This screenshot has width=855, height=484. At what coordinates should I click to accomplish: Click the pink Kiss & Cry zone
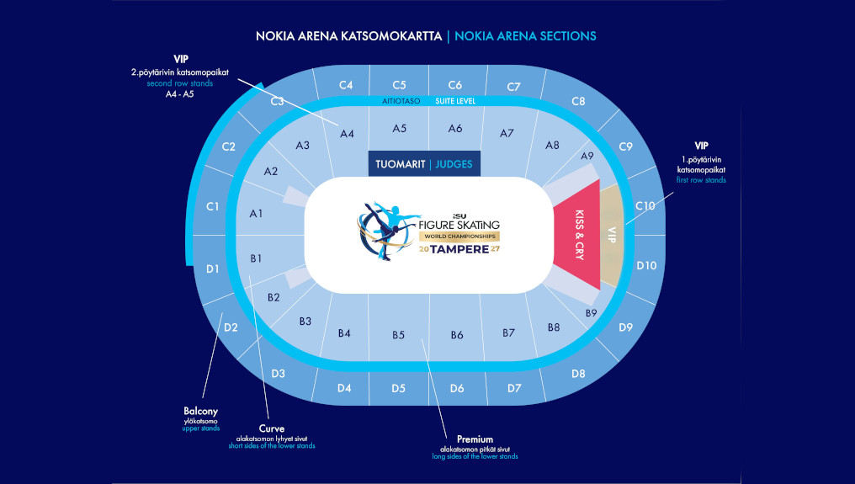tap(578, 235)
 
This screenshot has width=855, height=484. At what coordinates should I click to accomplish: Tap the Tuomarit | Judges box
tap(424, 163)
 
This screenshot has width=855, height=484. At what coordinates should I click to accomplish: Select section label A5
tap(400, 129)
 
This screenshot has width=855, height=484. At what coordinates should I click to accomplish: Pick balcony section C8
tap(578, 102)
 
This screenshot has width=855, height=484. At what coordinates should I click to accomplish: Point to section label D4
tap(344, 389)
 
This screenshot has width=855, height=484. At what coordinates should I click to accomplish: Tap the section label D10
tap(646, 266)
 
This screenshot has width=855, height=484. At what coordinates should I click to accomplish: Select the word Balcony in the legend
tap(200, 412)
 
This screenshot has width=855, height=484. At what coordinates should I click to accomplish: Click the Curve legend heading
tap(272, 429)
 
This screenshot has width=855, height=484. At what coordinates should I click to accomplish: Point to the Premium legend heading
tap(475, 439)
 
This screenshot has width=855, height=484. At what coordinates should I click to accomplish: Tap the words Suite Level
tap(455, 101)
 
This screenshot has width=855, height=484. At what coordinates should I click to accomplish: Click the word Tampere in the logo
tap(459, 249)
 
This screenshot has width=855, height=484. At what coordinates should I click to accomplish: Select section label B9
tap(591, 313)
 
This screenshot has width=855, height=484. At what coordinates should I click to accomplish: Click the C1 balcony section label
tap(213, 207)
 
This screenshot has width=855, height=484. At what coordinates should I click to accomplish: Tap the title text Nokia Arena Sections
tap(525, 36)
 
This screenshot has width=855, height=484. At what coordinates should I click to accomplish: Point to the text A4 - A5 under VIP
tap(180, 94)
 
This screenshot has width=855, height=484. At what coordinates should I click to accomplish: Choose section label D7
tap(514, 389)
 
